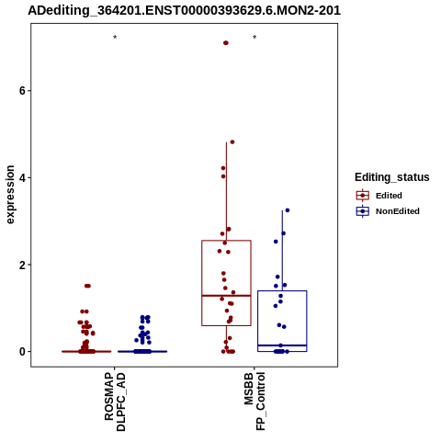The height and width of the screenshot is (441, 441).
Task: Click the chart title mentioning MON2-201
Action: (184, 10)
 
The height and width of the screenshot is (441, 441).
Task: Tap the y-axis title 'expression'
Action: (10, 195)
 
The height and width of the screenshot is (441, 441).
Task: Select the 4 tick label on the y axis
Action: (22, 177)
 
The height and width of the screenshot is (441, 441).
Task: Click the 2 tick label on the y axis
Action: (22, 265)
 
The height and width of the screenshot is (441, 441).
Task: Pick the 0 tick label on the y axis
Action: (22, 352)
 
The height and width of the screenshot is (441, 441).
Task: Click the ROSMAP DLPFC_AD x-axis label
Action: (115, 401)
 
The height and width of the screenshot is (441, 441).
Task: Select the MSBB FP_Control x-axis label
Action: (254, 401)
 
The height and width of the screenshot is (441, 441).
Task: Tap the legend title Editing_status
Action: (392, 177)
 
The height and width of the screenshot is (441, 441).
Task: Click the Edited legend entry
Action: (389, 196)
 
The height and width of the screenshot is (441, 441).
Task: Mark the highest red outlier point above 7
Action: (226, 43)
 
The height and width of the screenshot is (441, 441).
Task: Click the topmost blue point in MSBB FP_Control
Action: (288, 210)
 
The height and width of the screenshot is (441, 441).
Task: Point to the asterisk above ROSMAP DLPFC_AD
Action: (115, 38)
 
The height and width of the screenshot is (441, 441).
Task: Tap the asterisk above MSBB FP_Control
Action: (254, 38)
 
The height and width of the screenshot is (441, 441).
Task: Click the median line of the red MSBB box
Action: (226, 296)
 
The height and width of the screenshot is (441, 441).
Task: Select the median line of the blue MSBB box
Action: (282, 345)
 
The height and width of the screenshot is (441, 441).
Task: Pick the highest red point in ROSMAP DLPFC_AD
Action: (87, 286)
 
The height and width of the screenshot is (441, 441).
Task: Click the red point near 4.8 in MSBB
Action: (232, 142)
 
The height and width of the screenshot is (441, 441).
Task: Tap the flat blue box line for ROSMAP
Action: (142, 352)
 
